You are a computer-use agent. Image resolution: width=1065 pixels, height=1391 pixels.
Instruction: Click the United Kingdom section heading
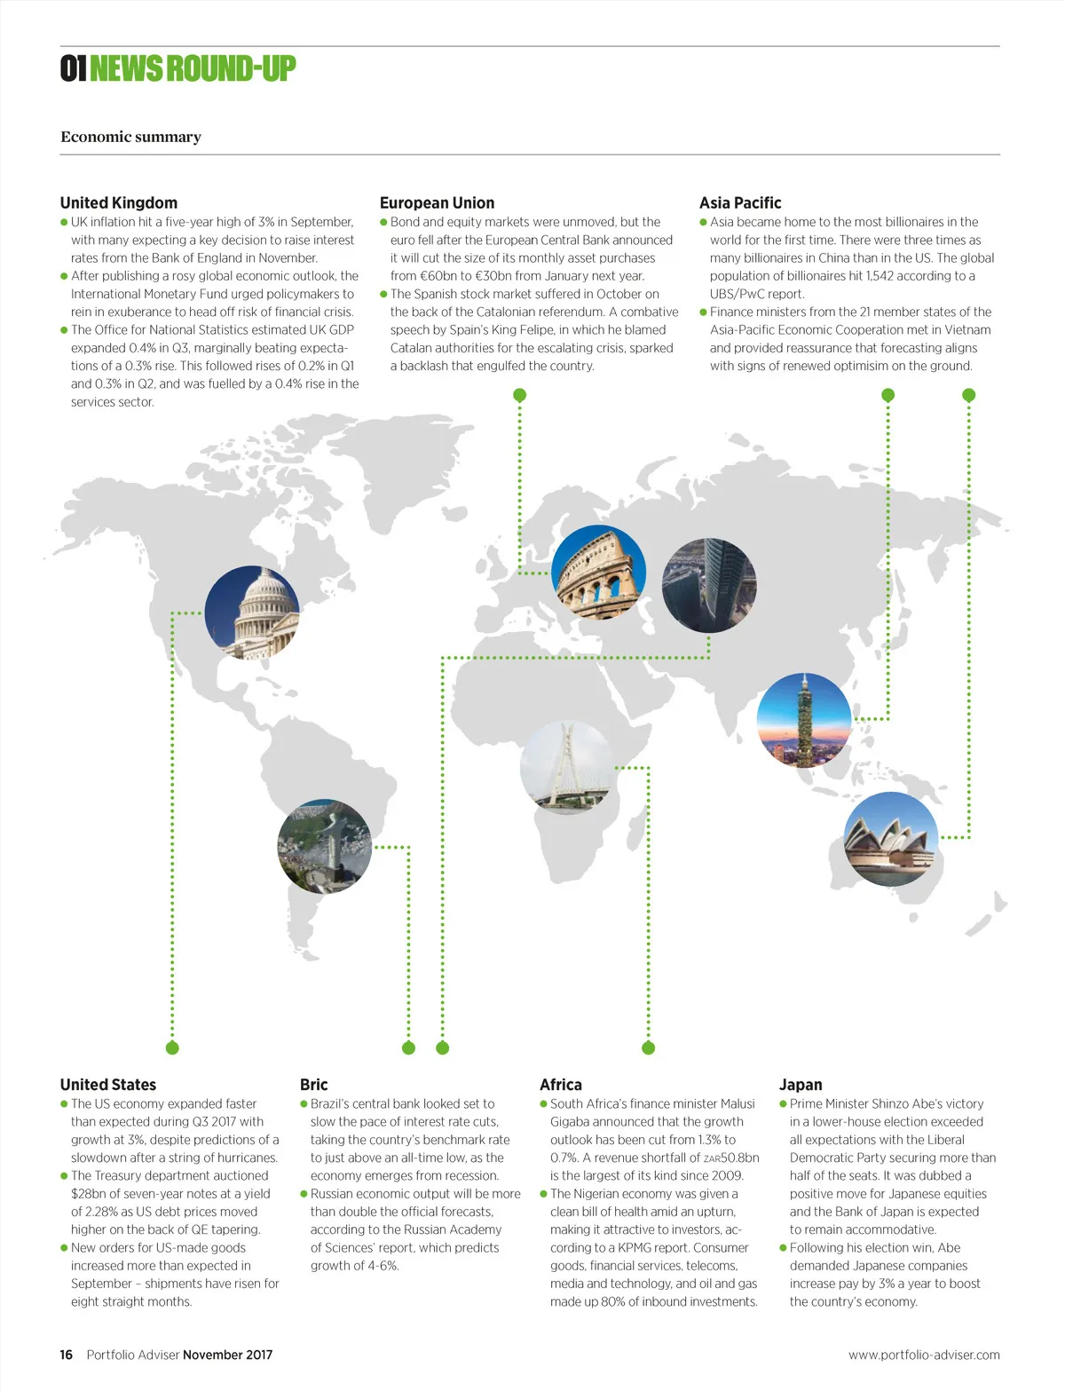click(119, 202)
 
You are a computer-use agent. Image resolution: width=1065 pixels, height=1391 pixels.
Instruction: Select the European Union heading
click(437, 202)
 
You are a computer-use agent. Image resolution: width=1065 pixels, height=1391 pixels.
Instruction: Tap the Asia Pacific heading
click(740, 202)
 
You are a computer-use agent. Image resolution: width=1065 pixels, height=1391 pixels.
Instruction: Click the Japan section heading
click(801, 1084)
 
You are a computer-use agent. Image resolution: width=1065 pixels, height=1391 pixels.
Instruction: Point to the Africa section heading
click(561, 1084)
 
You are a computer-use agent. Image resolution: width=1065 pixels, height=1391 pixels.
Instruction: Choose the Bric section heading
click(314, 1084)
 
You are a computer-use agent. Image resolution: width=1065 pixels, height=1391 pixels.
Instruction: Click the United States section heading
click(108, 1084)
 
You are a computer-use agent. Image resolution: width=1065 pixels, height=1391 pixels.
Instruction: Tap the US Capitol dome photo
click(252, 613)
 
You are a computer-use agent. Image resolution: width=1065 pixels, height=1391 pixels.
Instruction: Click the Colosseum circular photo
click(598, 572)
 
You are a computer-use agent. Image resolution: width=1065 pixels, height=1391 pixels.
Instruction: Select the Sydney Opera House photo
click(890, 839)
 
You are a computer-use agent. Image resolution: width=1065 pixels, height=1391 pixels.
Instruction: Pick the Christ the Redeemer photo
click(325, 846)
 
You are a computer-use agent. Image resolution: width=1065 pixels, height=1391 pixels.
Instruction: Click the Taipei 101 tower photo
click(804, 720)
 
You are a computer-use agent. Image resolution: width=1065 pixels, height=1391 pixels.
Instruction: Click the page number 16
click(67, 1355)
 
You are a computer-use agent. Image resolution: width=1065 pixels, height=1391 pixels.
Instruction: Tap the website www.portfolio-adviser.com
click(924, 1355)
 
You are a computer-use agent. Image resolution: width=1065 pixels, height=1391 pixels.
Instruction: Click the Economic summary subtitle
click(130, 137)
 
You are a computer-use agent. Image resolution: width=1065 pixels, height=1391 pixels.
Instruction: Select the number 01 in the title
click(73, 68)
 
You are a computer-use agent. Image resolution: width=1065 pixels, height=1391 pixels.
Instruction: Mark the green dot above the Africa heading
click(648, 1047)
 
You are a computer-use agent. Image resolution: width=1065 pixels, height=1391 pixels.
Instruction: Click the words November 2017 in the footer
click(228, 1355)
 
